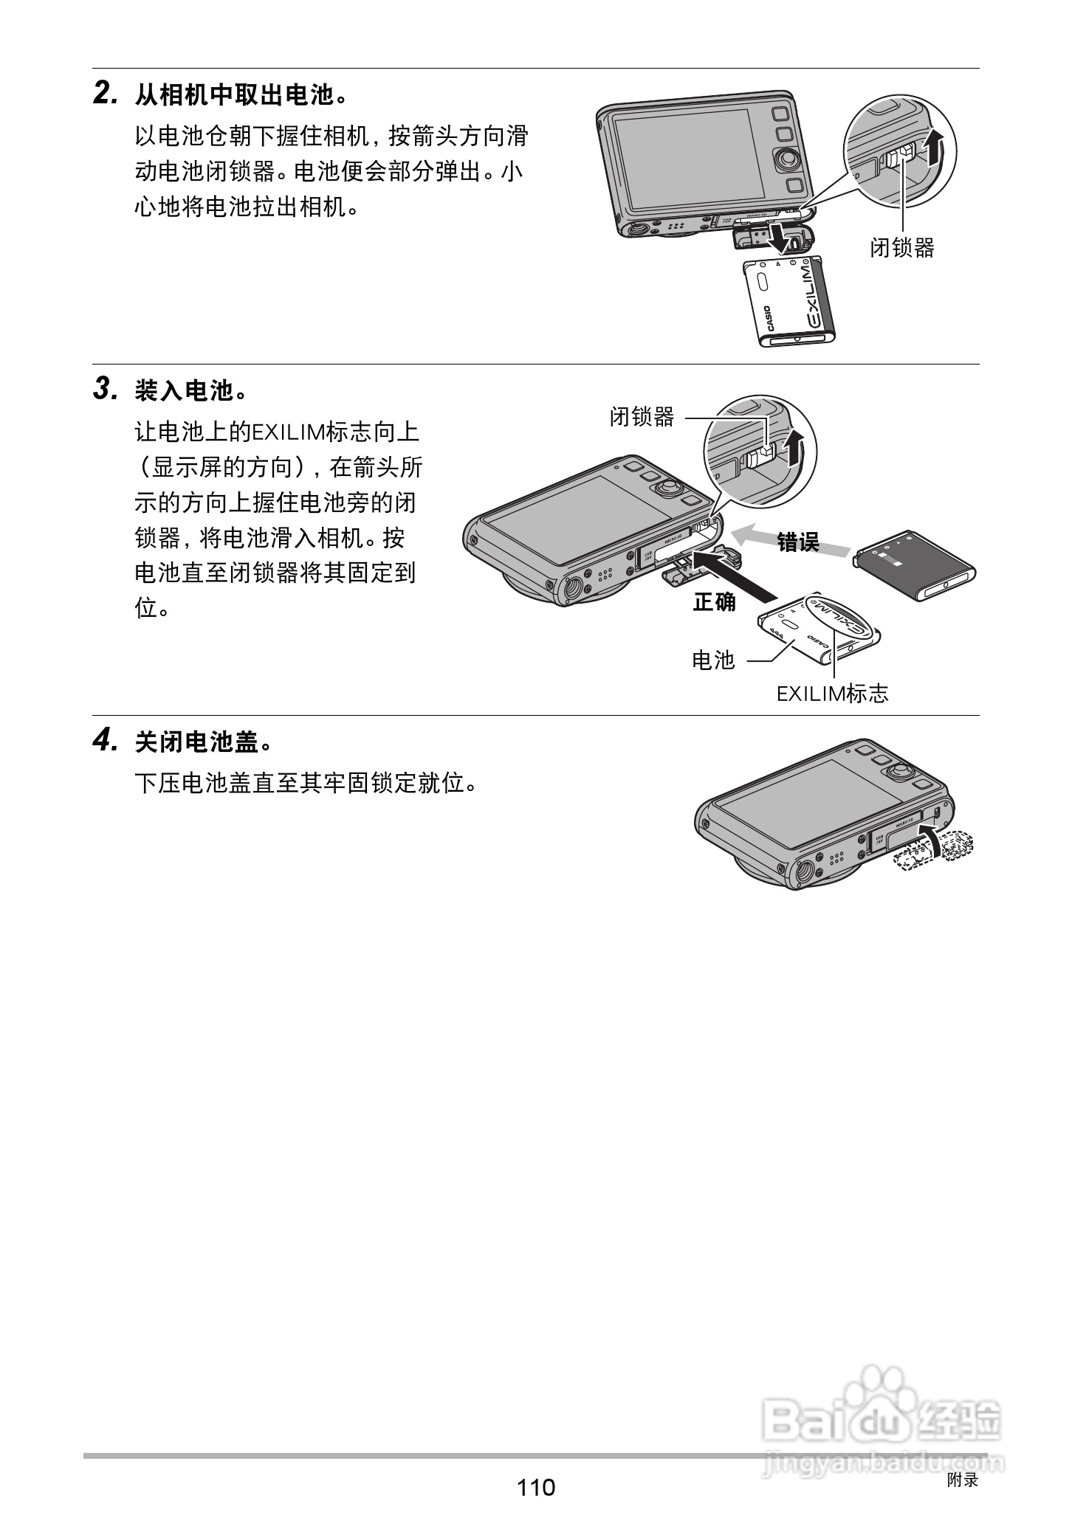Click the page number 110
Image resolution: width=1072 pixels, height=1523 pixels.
click(535, 1486)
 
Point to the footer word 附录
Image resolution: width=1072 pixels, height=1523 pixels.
click(962, 1479)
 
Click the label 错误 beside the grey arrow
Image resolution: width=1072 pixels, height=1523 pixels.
click(798, 542)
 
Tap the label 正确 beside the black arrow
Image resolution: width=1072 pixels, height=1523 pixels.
click(714, 602)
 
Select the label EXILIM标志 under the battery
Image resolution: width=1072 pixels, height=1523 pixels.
click(832, 694)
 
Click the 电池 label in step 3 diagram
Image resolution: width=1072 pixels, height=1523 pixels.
click(713, 660)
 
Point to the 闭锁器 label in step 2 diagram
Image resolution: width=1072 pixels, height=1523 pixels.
click(901, 248)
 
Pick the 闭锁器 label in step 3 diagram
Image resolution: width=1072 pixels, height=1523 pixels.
click(642, 417)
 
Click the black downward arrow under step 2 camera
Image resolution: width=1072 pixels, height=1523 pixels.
click(775, 236)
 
